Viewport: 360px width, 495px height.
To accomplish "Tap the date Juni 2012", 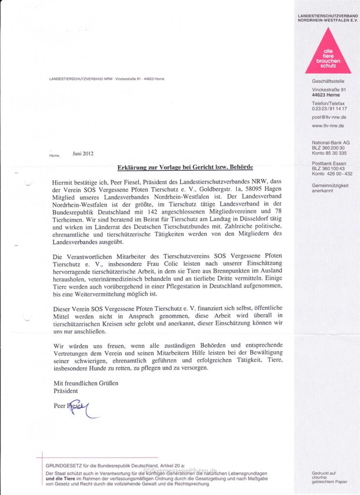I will [x=83, y=154].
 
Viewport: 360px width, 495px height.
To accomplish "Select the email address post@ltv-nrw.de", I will [x=329, y=117].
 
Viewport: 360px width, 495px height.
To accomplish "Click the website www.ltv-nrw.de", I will [x=328, y=126].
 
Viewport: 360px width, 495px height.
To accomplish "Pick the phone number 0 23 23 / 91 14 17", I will [x=330, y=109].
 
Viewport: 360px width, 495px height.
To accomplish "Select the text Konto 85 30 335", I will [x=329, y=153].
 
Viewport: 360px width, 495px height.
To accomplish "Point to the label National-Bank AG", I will [x=331, y=143].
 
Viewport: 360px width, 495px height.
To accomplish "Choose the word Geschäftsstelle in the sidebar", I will [x=328, y=81].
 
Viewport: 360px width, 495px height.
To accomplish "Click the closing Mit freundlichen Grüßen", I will [x=86, y=383].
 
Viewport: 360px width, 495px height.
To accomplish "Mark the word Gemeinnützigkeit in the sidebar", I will [x=330, y=185].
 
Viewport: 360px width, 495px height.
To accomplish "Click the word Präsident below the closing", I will [x=65, y=390].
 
